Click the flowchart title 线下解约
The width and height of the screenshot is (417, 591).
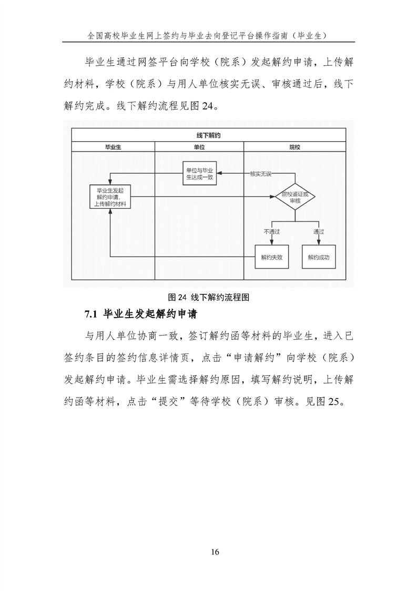click(208, 135)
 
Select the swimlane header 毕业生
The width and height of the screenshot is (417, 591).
click(113, 147)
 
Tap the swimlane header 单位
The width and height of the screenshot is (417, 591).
click(199, 147)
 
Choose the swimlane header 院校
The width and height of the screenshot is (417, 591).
click(294, 147)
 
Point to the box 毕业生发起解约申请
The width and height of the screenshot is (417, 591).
click(111, 197)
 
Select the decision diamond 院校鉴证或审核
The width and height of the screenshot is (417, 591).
click(294, 197)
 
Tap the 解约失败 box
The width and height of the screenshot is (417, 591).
click(272, 258)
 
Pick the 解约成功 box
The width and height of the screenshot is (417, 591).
click(319, 258)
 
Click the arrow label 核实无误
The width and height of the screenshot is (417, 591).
click(261, 173)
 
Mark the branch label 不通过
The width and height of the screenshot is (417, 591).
click(271, 231)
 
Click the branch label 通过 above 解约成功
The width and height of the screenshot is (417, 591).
click(319, 231)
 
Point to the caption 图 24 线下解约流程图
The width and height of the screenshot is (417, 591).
click(208, 297)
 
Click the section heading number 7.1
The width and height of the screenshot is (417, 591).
click(91, 314)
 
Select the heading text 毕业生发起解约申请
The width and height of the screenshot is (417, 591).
click(150, 314)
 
